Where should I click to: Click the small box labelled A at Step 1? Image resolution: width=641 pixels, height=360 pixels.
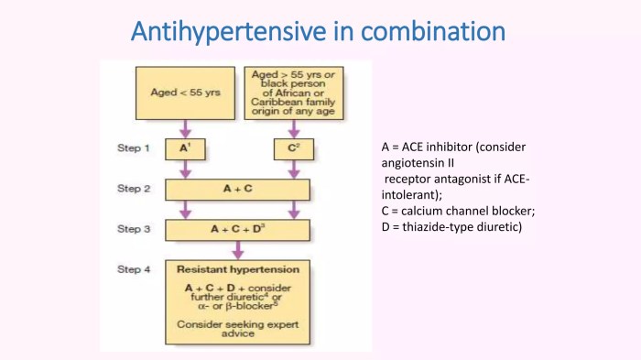(x=185, y=148)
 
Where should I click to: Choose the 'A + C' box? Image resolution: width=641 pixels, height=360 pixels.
(x=238, y=189)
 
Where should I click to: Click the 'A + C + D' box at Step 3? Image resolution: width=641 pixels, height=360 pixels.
(x=238, y=228)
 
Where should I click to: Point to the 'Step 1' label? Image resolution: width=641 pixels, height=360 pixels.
(x=134, y=148)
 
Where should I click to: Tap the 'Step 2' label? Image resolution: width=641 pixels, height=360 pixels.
(x=134, y=189)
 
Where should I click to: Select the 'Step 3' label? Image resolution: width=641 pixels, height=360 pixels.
(x=134, y=228)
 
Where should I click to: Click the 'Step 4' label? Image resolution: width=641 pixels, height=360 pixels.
(x=134, y=269)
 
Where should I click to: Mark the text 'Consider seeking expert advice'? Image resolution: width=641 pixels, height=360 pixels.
(x=237, y=329)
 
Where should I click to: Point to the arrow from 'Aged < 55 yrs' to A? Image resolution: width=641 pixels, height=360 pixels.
(x=186, y=128)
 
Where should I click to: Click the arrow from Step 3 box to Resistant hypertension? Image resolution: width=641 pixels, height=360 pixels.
(x=238, y=249)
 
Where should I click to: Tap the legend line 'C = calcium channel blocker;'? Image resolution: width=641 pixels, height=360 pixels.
(x=457, y=211)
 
